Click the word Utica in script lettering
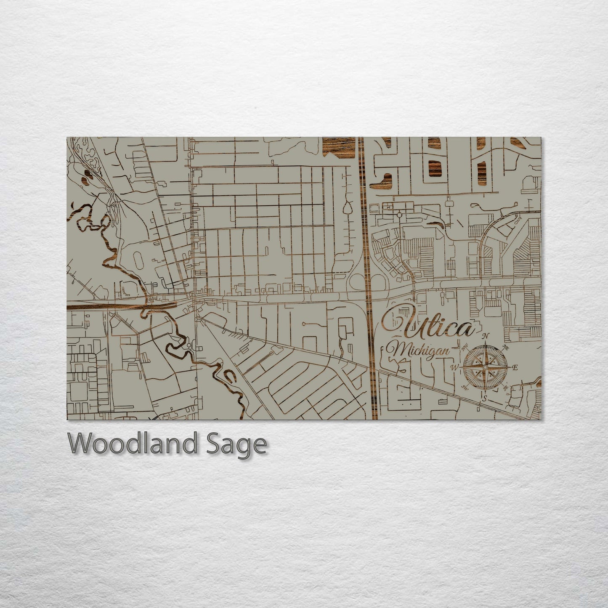coord(427,324)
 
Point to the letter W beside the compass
coord(455,367)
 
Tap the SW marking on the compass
coord(465,387)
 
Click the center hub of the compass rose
coord(485,367)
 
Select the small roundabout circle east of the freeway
coord(399,215)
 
